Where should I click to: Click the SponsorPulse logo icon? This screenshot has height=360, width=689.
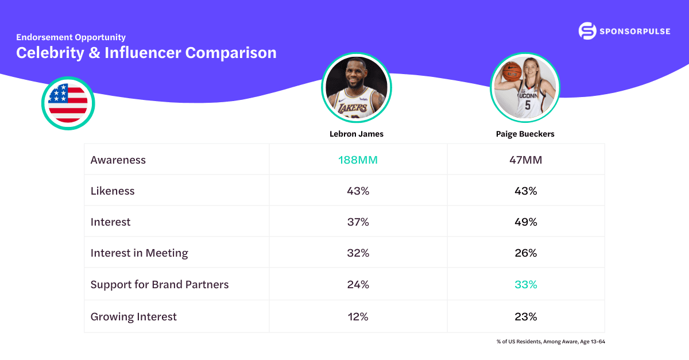(587, 31)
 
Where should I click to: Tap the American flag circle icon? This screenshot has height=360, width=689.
(68, 103)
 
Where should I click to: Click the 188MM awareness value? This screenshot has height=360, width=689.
(358, 160)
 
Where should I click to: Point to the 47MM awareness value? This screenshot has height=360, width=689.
(525, 160)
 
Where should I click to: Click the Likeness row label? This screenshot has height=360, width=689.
(113, 191)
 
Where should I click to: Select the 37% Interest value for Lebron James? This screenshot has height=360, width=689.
(358, 222)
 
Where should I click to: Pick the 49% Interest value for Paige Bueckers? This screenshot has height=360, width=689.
(525, 222)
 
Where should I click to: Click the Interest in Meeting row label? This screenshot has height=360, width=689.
(139, 253)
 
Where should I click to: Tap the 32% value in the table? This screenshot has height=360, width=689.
(358, 253)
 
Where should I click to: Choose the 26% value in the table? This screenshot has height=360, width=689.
(525, 253)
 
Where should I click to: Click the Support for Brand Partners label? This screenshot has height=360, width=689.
(160, 284)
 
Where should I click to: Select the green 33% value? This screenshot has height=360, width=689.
(525, 284)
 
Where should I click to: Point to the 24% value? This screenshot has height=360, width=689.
(358, 284)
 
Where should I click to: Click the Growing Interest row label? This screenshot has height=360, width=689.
(134, 316)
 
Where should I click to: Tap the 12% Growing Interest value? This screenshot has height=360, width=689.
(358, 316)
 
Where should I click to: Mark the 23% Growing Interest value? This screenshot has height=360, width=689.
(525, 316)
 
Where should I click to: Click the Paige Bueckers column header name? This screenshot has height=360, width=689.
(525, 134)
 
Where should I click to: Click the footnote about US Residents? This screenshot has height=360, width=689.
(551, 342)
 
